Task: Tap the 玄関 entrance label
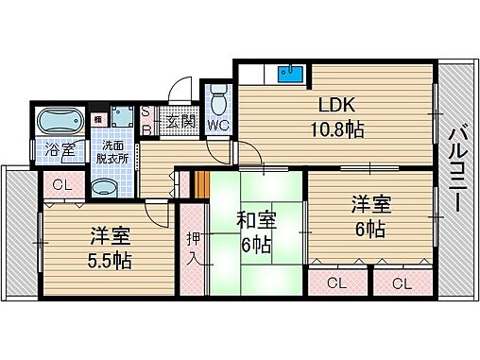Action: tap(180, 121)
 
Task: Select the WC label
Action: tap(219, 124)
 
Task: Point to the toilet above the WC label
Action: tap(219, 98)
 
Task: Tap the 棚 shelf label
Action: tap(97, 119)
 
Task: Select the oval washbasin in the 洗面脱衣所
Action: tap(107, 187)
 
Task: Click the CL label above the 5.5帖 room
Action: tap(61, 185)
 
